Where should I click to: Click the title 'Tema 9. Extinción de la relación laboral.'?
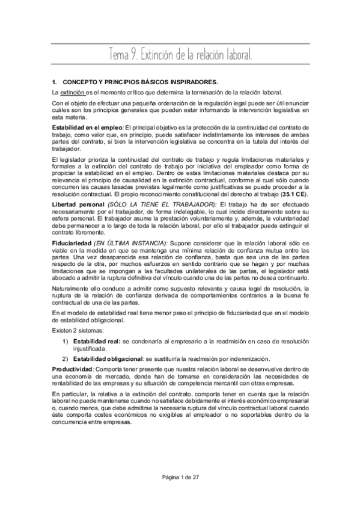[x=180, y=55]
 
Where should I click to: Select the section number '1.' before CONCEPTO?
[x=55, y=81]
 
